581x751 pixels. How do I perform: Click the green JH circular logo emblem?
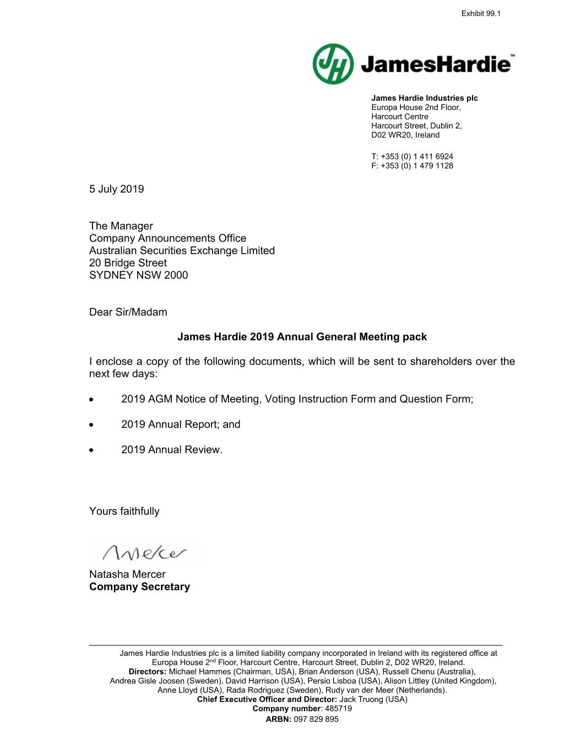[333, 64]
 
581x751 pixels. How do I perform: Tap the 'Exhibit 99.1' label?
[481, 14]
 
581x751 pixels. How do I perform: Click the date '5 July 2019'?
[117, 189]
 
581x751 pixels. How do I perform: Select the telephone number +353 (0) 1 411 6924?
[417, 157]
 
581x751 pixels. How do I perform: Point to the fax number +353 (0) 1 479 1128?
[417, 166]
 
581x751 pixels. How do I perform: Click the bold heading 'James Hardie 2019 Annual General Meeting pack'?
[302, 337]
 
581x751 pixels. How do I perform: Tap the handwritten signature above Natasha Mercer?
[145, 552]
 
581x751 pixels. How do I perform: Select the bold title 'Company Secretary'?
[139, 587]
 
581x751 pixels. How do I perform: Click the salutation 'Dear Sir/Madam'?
[128, 313]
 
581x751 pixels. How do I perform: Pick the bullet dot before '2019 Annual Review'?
[91, 451]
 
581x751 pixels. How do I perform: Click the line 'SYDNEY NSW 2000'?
[139, 275]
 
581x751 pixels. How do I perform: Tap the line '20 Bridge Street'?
[128, 263]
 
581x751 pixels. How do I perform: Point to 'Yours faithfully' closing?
[124, 511]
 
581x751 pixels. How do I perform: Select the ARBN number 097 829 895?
[316, 719]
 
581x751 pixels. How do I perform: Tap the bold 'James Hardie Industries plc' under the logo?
[425, 98]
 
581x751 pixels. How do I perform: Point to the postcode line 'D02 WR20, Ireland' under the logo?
[405, 135]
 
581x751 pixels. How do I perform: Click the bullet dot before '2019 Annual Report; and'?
[91, 425]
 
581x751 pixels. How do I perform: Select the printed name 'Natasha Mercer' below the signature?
[127, 574]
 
